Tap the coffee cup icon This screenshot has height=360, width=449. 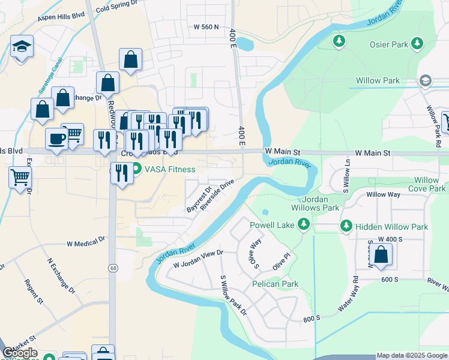point(57,139)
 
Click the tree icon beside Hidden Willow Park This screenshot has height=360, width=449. point(346,226)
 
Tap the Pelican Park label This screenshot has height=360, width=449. point(276,283)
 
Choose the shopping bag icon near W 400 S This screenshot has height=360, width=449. point(381,254)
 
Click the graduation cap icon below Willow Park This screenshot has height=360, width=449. point(426,80)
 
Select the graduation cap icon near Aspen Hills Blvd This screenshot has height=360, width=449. point(22,46)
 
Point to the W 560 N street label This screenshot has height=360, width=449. point(206,27)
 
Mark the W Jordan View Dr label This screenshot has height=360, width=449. point(198,259)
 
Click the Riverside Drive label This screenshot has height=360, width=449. point(217,195)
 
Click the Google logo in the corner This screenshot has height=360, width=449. point(20,353)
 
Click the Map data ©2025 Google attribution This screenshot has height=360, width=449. point(412,355)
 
